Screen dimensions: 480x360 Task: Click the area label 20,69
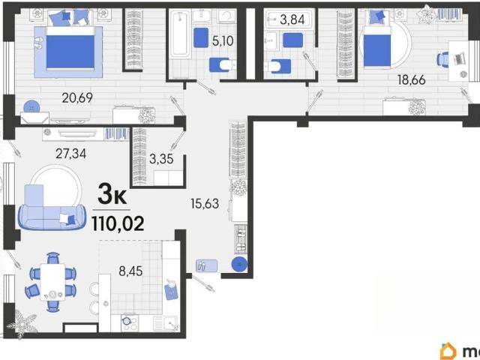(77, 98)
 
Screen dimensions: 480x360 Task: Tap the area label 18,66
(412, 80)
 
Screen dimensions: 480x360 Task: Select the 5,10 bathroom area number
(223, 40)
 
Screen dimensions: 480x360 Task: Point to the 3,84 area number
(292, 20)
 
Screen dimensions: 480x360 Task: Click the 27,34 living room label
(70, 153)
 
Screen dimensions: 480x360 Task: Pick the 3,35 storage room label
(161, 159)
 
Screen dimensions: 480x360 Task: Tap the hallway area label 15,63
(205, 203)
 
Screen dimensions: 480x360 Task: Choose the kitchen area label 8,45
(130, 271)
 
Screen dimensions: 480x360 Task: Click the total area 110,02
(118, 223)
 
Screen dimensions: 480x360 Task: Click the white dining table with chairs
(52, 282)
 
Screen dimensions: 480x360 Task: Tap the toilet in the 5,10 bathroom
(223, 65)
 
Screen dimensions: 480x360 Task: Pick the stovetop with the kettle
(130, 322)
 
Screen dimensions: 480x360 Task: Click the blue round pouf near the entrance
(239, 265)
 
